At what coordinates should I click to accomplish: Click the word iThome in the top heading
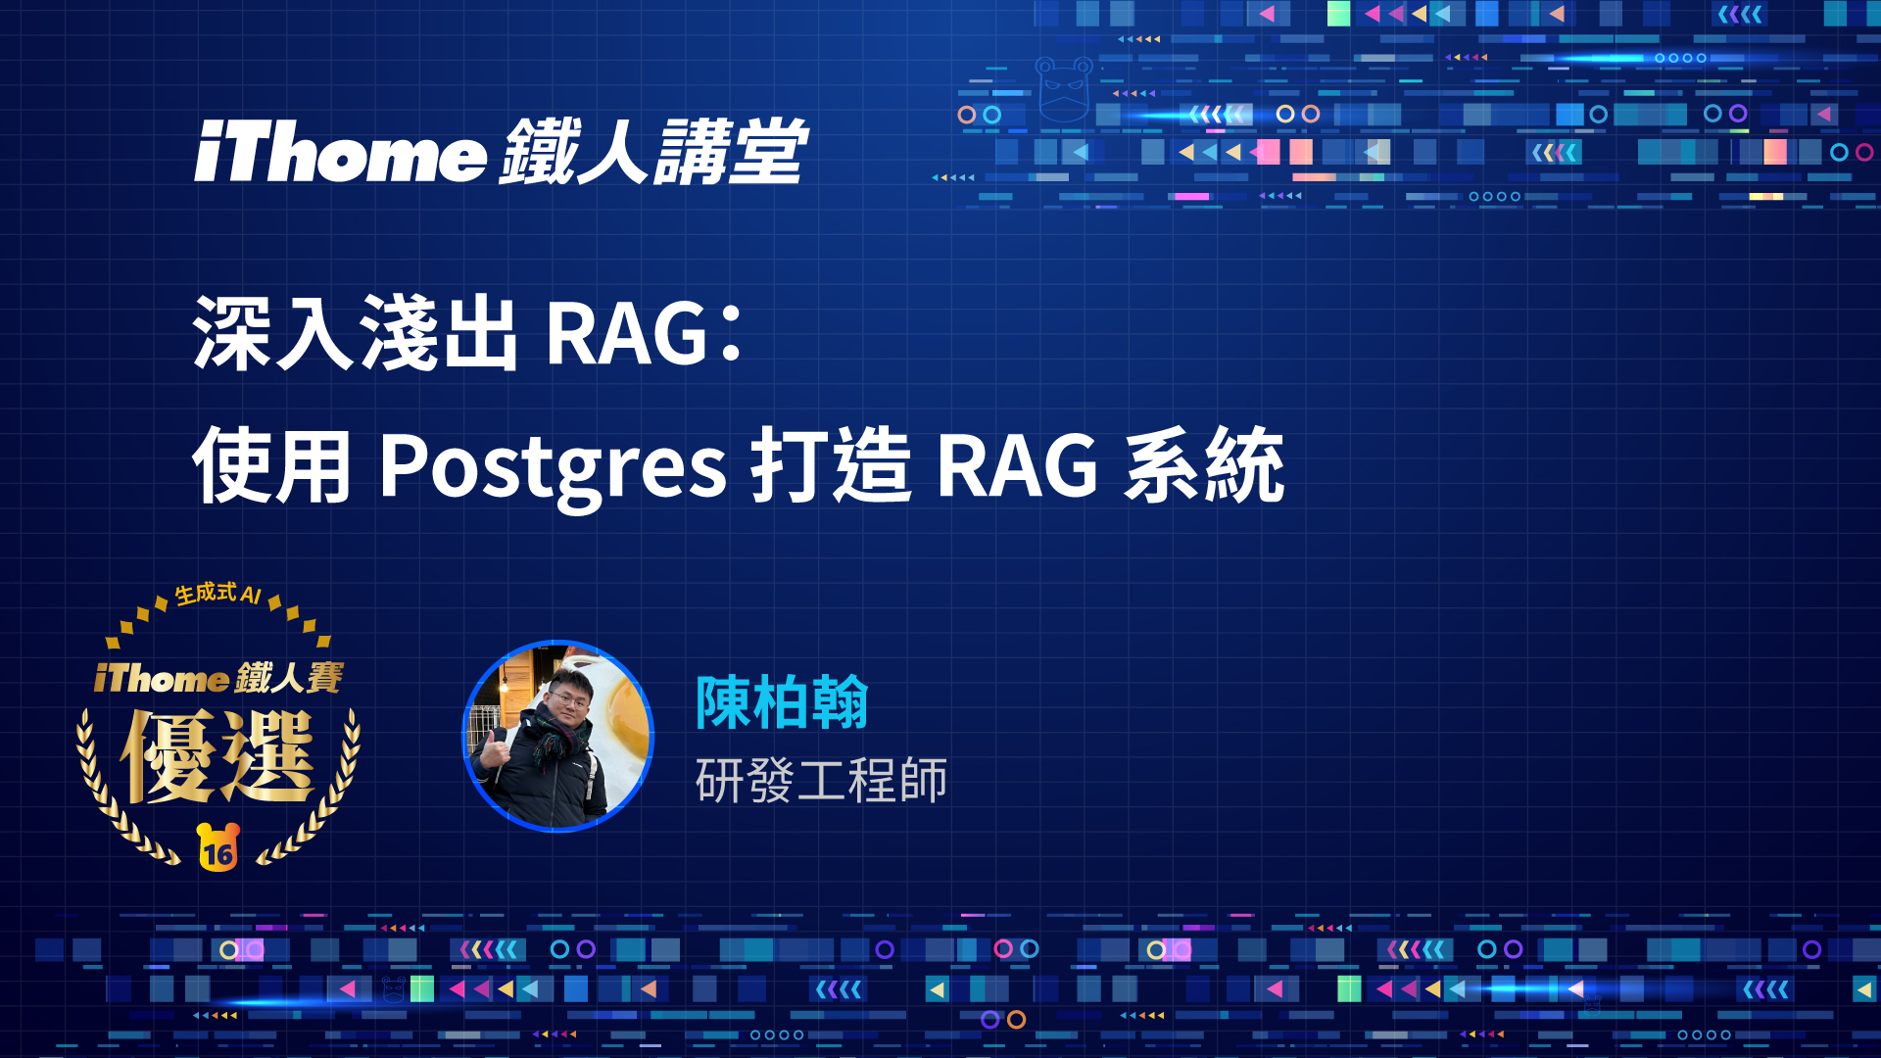340,152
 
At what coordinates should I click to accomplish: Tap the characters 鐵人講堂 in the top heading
653,152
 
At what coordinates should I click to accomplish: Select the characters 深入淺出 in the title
355,333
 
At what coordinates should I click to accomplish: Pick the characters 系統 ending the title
1204,465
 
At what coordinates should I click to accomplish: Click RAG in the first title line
627,334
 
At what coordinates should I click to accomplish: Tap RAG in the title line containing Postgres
1017,467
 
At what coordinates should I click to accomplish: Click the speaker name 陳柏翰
782,702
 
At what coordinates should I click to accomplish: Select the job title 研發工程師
821,781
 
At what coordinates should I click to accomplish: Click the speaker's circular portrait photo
557,736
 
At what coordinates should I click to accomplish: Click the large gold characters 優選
217,755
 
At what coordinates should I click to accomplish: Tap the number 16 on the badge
217,853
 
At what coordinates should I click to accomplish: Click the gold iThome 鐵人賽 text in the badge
218,677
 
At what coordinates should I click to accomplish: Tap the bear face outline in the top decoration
1064,89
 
